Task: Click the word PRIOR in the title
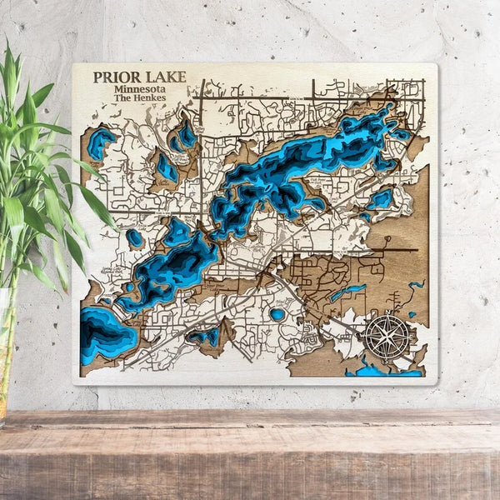[x=113, y=77]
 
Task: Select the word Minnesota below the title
[x=140, y=88]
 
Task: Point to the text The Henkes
[x=139, y=98]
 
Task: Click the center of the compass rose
[x=387, y=337]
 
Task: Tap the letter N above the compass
[x=387, y=313]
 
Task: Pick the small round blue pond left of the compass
[x=277, y=314]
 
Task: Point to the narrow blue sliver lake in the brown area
[x=347, y=292]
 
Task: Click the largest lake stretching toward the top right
[x=300, y=162]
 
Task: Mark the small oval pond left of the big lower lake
[x=134, y=238]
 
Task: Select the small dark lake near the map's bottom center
[x=205, y=336]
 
